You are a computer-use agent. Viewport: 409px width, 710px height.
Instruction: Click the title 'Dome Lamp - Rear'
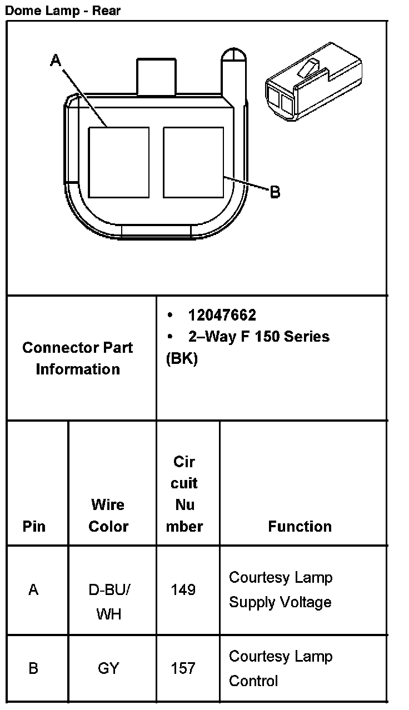pos(63,10)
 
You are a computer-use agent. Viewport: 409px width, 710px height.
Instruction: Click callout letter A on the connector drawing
pos(56,60)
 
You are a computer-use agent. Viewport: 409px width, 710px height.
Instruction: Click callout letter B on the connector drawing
pos(275,193)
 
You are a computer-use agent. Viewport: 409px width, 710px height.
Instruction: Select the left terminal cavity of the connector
pos(119,162)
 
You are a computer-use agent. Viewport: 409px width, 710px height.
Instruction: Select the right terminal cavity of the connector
pos(193,162)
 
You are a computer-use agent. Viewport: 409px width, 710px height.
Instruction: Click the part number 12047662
pos(222,316)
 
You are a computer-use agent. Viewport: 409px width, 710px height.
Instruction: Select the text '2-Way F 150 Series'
pos(258,337)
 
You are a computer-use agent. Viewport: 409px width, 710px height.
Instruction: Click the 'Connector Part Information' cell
pos(78,358)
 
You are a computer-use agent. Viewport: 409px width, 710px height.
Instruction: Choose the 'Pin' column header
pos(34,526)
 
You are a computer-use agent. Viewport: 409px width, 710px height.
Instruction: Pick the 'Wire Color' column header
pos(108,516)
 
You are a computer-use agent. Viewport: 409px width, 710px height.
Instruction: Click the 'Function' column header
pos(300,526)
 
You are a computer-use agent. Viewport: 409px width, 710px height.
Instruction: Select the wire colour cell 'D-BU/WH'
pos(108,602)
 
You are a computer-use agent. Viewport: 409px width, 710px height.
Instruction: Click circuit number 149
pos(183,589)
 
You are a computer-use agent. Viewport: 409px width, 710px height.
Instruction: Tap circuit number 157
pos(183,668)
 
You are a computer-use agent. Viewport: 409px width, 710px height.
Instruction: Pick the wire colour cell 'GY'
pos(108,668)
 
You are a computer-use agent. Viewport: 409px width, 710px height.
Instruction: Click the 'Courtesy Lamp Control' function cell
pos(281,668)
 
